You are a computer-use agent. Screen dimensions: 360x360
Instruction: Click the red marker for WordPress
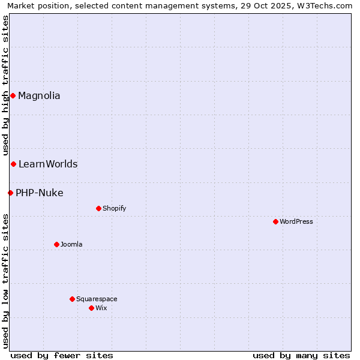tap(275, 221)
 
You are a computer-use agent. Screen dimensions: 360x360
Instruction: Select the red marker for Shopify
tap(98, 208)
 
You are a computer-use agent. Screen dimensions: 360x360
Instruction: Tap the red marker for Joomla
tap(56, 244)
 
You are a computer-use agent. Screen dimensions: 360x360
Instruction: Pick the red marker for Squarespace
tap(72, 299)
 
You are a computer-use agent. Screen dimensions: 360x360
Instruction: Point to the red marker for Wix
tap(91, 308)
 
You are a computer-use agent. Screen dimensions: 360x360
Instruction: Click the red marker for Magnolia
tap(13, 95)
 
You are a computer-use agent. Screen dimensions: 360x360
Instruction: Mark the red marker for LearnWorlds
tap(13, 164)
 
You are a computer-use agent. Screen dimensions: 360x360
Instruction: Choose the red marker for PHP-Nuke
tap(10, 193)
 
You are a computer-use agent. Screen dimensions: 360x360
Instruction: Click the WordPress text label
tap(296, 221)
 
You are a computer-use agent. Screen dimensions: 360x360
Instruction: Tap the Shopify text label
tap(114, 208)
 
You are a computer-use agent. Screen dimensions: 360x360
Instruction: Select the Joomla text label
tap(71, 244)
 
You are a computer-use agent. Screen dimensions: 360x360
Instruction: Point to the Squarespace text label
tap(97, 299)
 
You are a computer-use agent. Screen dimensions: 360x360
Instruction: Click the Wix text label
tap(101, 308)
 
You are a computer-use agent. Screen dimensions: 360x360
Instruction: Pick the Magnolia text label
tap(39, 95)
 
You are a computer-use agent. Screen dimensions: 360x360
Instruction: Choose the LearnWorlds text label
tap(48, 164)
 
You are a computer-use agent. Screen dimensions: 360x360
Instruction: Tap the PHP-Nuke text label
tap(40, 193)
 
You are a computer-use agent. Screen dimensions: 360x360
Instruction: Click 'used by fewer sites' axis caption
tap(62, 355)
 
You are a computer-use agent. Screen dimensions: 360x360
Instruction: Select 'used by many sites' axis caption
tap(301, 355)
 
